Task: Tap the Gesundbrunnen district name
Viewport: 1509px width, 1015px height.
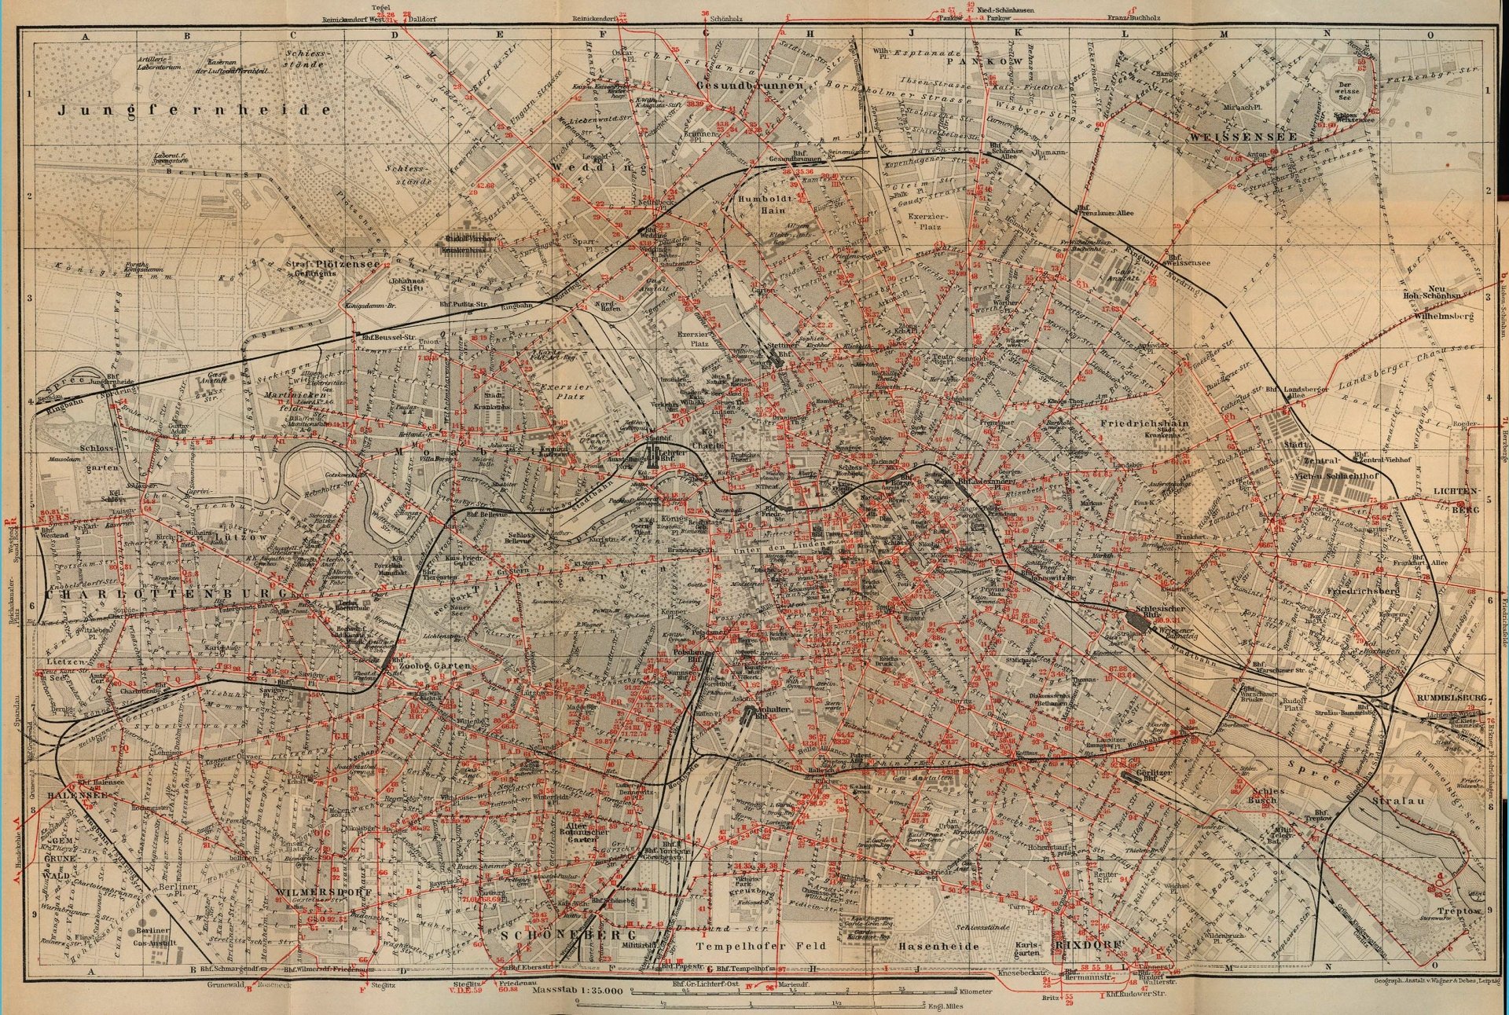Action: (x=750, y=84)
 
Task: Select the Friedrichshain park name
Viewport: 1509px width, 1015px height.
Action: (x=1143, y=423)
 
